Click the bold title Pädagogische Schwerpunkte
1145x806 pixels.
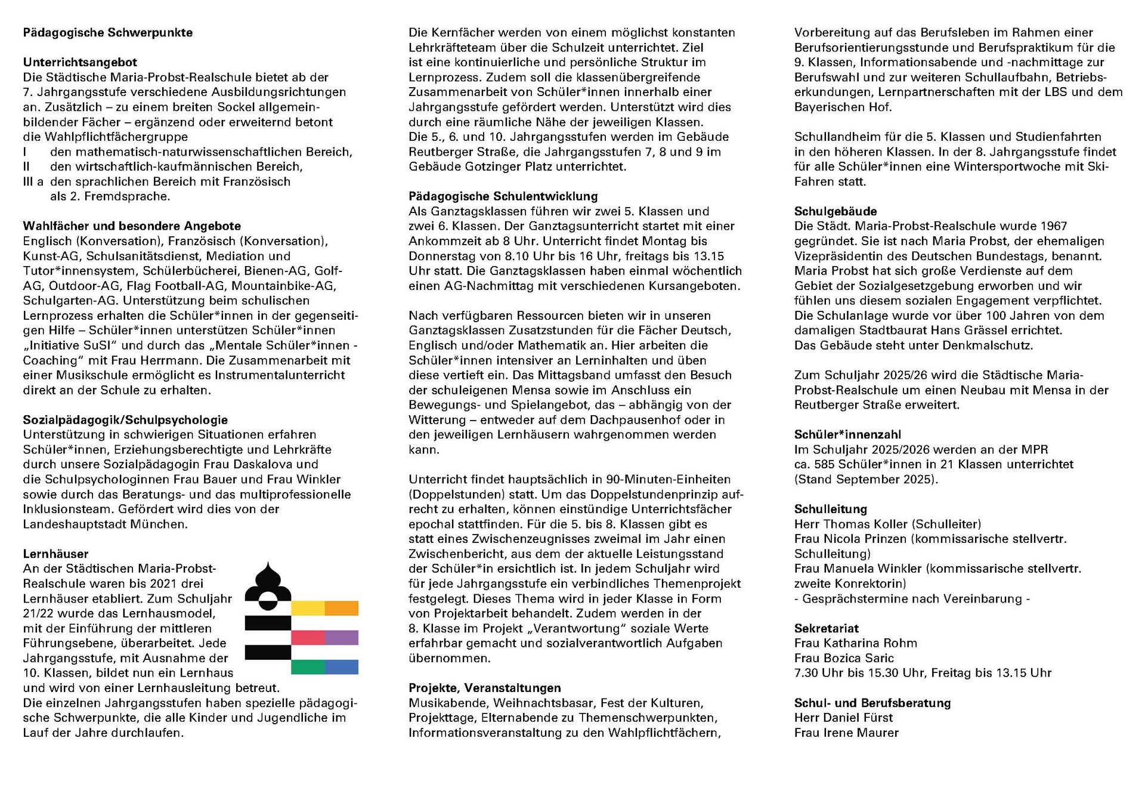click(x=107, y=33)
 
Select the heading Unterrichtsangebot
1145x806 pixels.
click(x=80, y=62)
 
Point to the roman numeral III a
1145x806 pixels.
click(x=33, y=181)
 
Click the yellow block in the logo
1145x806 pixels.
click(x=308, y=608)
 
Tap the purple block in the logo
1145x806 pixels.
click(x=342, y=637)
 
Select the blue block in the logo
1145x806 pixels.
click(x=342, y=667)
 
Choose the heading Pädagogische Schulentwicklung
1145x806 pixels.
click(x=503, y=196)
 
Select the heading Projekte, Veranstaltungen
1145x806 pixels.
click(x=484, y=688)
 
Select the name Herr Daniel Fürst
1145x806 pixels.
click(x=843, y=717)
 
